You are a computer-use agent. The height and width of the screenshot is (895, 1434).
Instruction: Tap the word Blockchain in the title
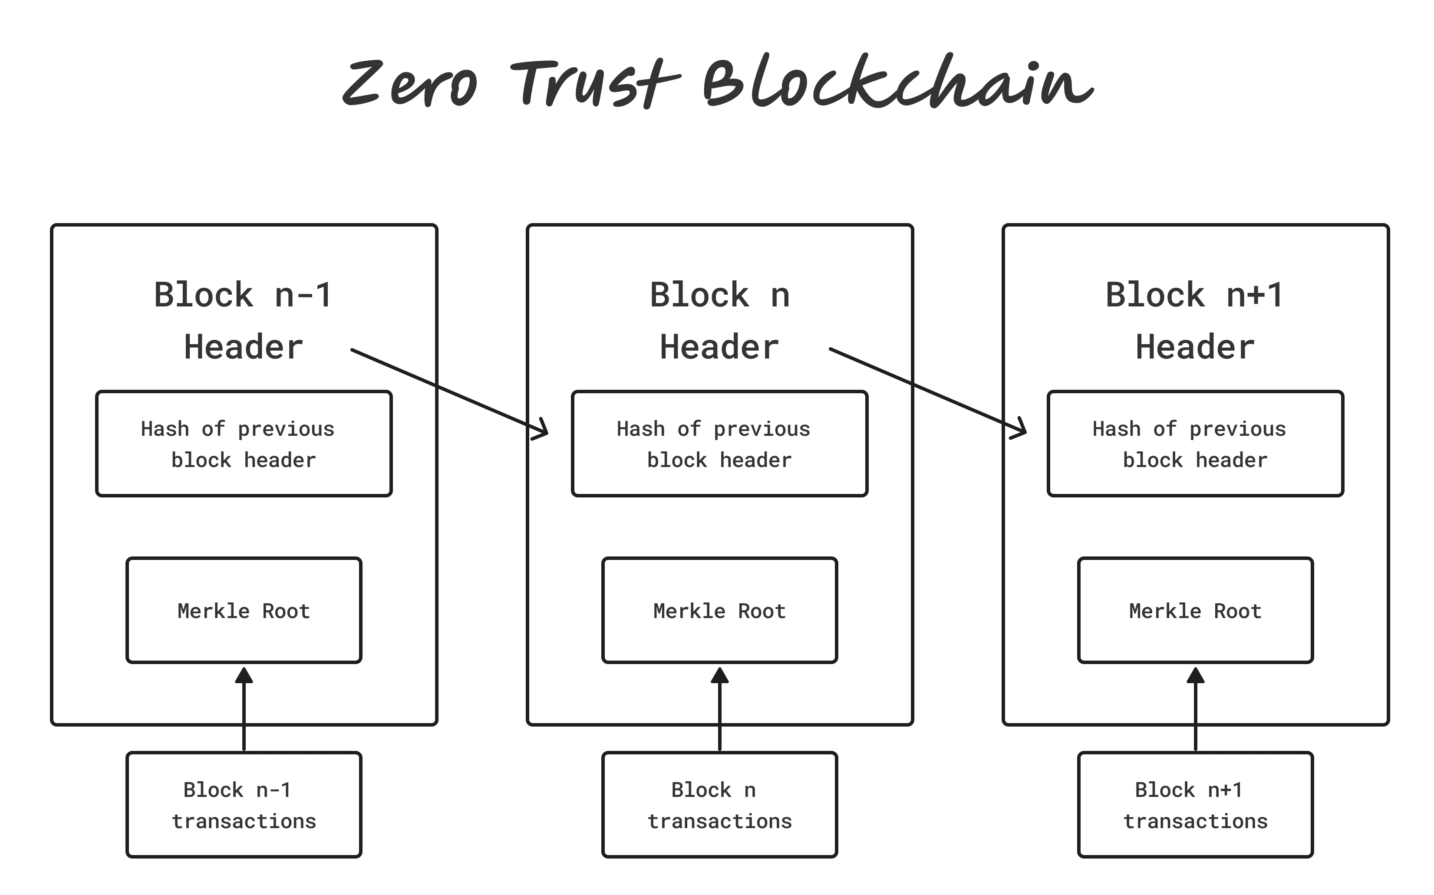coord(897,83)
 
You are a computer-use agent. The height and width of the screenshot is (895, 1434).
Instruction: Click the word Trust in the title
coord(595,84)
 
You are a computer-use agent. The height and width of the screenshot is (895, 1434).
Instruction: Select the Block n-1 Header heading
coord(244,320)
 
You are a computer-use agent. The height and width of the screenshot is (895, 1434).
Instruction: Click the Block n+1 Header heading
coord(1195,320)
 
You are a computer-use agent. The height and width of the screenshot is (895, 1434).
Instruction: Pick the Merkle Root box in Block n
coord(719,610)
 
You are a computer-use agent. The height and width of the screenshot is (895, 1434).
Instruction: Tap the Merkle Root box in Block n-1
coord(244,610)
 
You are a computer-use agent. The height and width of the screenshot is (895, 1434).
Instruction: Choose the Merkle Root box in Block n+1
coord(1195,610)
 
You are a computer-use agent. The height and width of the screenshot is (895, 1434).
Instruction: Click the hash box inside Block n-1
coord(244,443)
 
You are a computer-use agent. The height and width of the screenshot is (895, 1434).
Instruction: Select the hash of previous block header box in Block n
coord(719,443)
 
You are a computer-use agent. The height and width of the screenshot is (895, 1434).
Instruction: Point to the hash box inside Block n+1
coord(1195,443)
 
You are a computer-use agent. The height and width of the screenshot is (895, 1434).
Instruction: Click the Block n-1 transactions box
coord(244,804)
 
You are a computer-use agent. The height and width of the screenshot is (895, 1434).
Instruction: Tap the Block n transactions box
coord(719,804)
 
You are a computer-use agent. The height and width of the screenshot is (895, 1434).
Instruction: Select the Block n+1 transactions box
coord(1195,804)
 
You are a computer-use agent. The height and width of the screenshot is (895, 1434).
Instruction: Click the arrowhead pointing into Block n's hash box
coord(542,430)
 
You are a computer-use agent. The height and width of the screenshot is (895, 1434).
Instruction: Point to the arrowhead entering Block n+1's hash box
coord(1019,430)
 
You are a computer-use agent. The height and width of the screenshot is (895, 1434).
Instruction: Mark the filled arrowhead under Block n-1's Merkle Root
coord(244,676)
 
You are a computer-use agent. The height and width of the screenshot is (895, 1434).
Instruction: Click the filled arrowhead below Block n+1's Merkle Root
coord(1195,676)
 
